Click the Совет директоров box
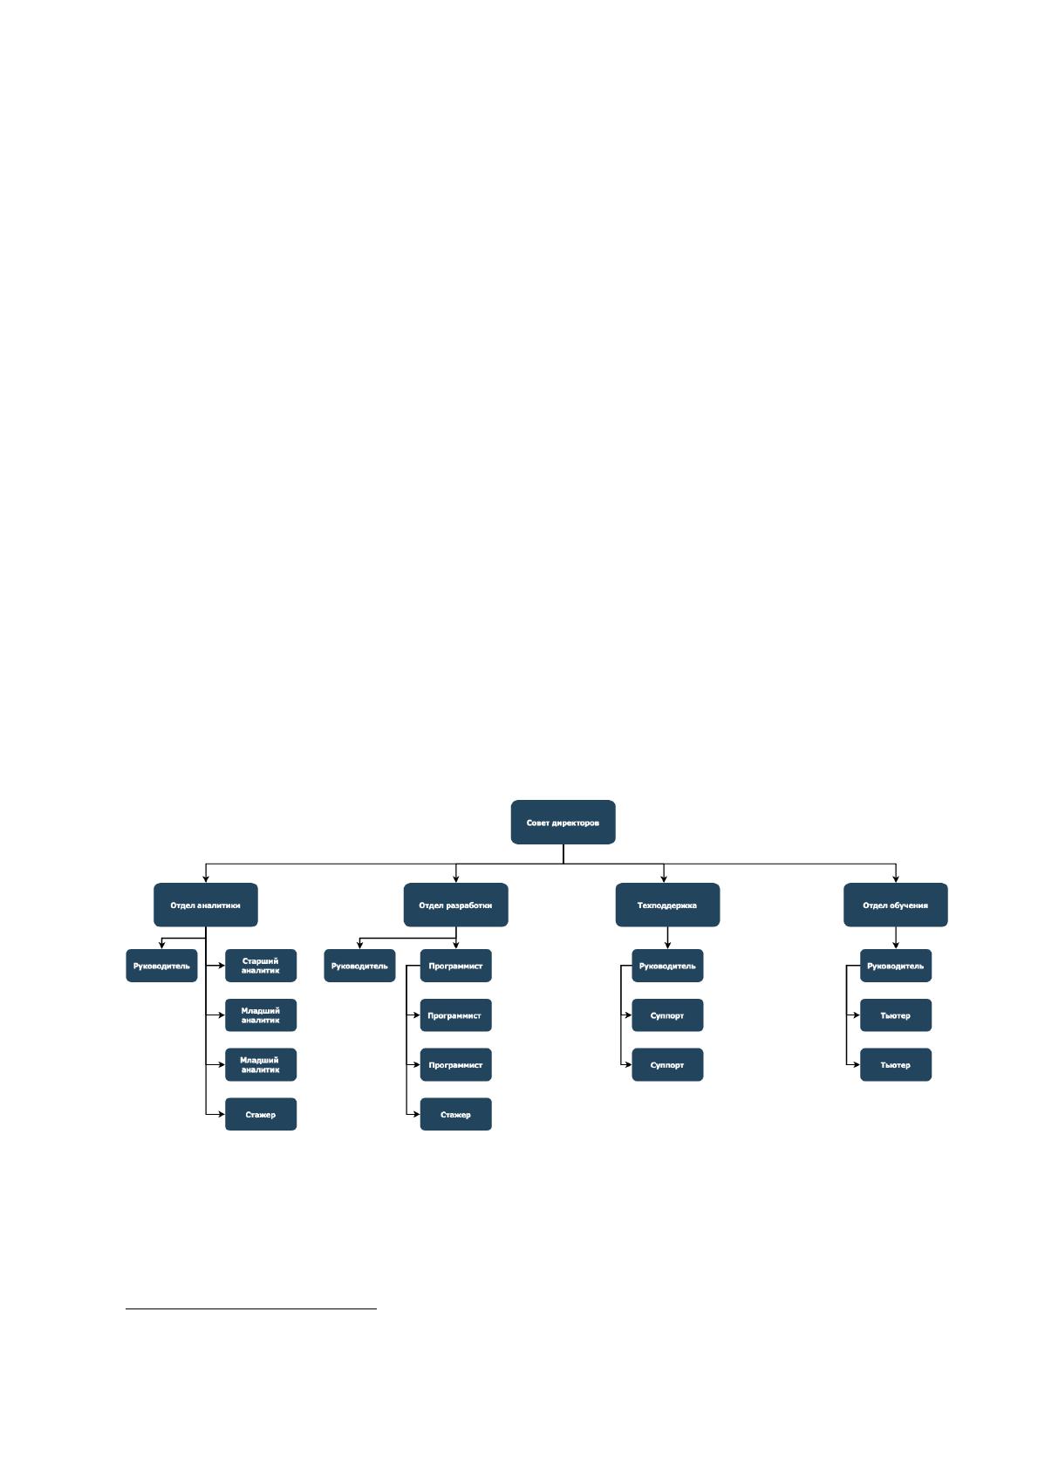[x=563, y=822]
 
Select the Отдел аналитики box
[x=205, y=905]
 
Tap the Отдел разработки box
[x=455, y=905]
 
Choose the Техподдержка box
[x=667, y=905]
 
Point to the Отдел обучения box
[x=895, y=905]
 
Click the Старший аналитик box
[x=260, y=965]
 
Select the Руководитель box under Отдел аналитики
[x=161, y=965]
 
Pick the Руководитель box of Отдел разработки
[x=359, y=965]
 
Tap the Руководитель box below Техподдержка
[x=667, y=965]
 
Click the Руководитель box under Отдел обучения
[x=896, y=965]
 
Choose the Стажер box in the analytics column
[x=260, y=1114]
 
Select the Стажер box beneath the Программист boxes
[x=455, y=1114]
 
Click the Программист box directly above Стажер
[x=455, y=1064]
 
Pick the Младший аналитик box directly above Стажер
[x=260, y=1064]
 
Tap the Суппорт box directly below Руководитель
[x=667, y=1015]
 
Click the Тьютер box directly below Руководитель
[x=896, y=1015]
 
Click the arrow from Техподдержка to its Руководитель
[x=667, y=938]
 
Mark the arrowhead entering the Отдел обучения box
[x=896, y=878]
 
